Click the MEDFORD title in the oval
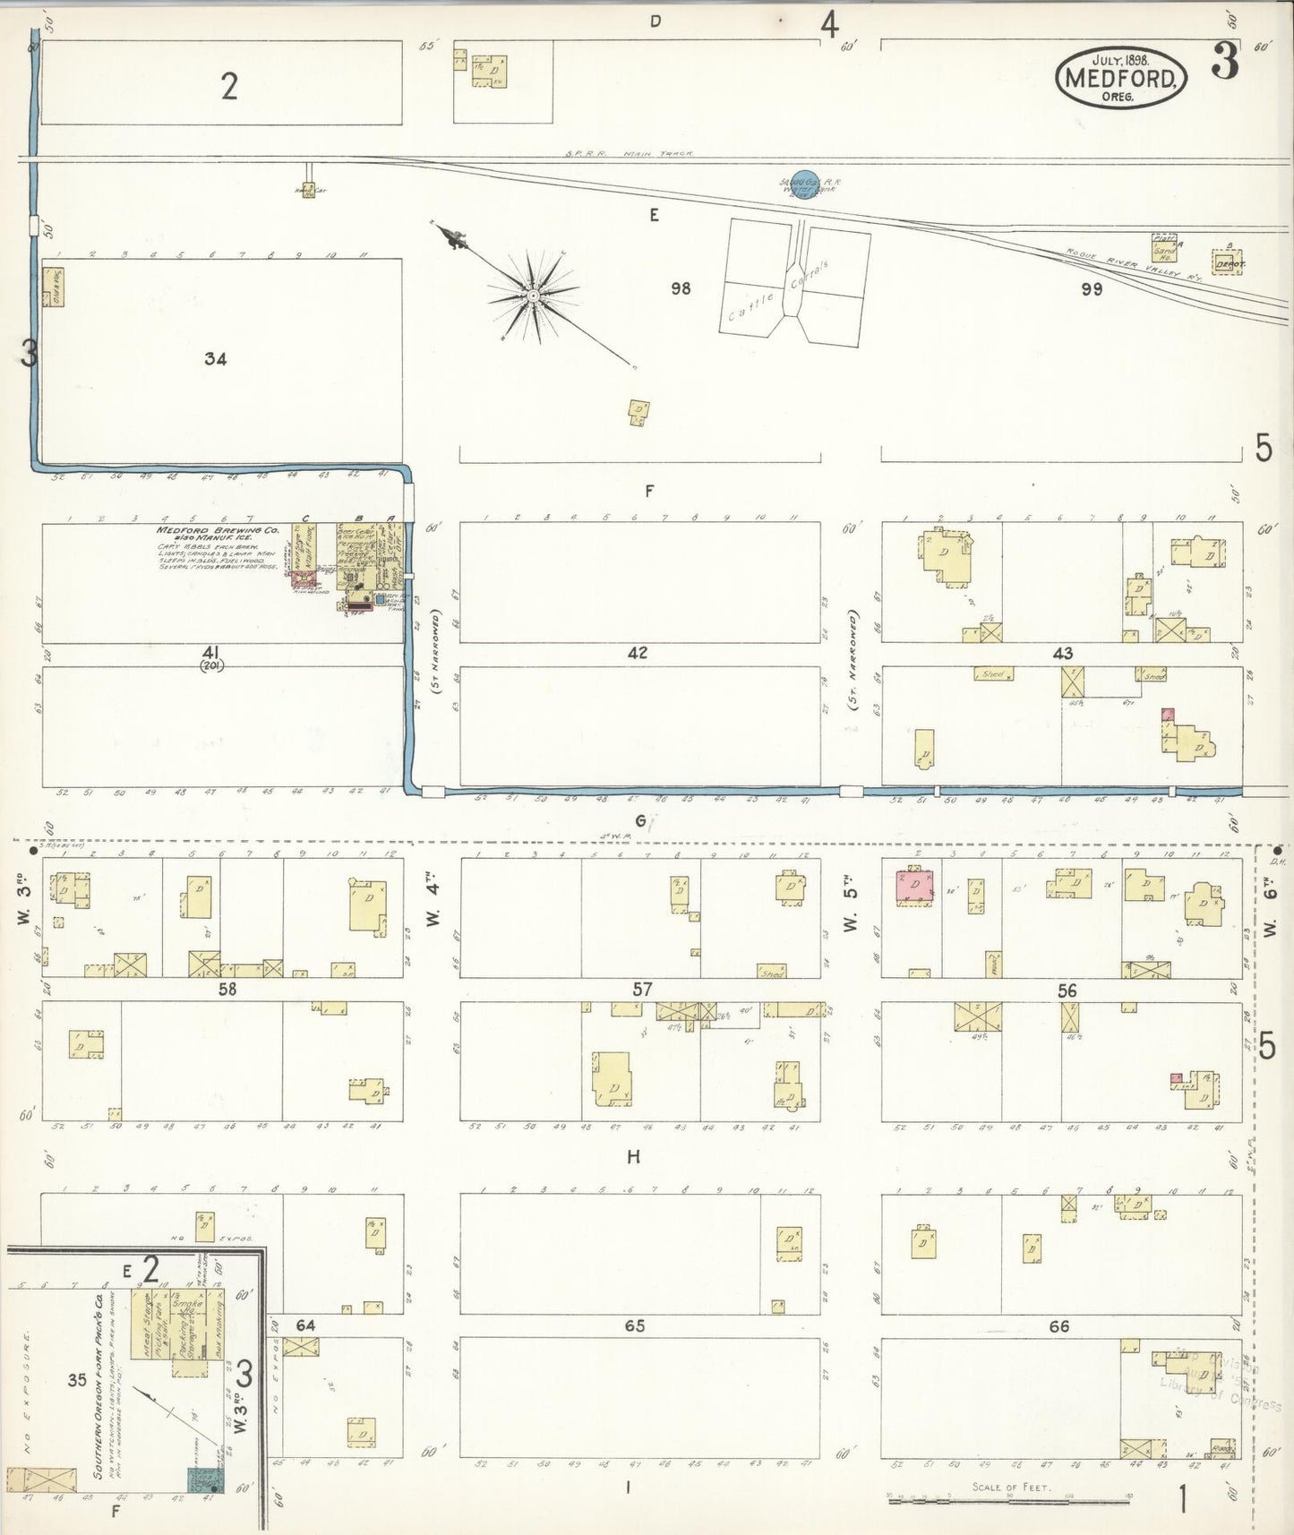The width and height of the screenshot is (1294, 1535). click(x=1121, y=79)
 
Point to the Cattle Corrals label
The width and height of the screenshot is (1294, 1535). click(x=779, y=291)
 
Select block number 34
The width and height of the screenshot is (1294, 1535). click(x=215, y=359)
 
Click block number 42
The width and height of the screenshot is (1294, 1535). click(x=637, y=653)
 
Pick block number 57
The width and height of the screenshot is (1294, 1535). click(x=642, y=990)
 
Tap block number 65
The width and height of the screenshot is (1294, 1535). click(x=635, y=1325)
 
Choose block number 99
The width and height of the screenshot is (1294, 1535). click(x=1091, y=289)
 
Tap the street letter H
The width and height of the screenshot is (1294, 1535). click(x=633, y=1157)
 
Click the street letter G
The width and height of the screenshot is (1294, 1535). click(x=640, y=820)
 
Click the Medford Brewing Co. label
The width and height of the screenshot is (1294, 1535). click(x=218, y=530)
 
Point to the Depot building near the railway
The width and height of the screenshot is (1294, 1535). click(x=1224, y=263)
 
